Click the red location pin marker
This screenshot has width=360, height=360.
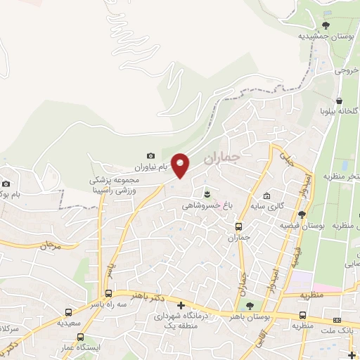181,166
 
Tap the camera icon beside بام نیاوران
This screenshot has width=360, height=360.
150,155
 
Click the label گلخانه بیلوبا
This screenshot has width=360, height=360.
340,111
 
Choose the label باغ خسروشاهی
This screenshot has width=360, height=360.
202,205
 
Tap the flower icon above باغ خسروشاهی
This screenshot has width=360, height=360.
207,193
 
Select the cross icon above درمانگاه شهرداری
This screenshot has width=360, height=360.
181,306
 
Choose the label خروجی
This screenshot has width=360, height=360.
347,70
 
